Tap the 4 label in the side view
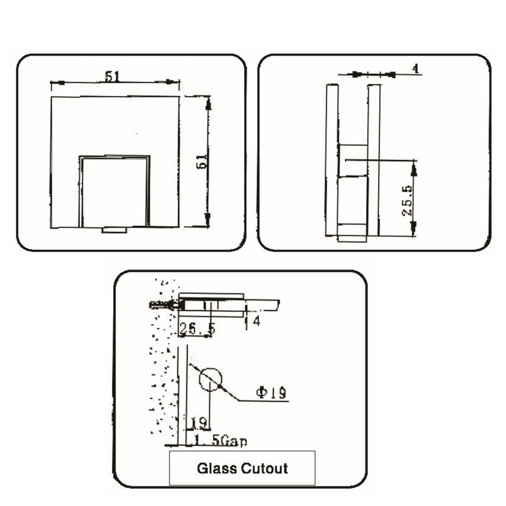(416, 68)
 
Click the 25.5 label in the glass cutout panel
(197, 329)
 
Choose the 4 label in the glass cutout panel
(256, 321)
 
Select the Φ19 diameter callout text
(271, 393)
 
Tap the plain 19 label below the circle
(199, 422)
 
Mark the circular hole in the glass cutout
(211, 379)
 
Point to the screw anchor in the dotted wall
(162, 305)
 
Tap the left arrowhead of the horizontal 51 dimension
(54, 82)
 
